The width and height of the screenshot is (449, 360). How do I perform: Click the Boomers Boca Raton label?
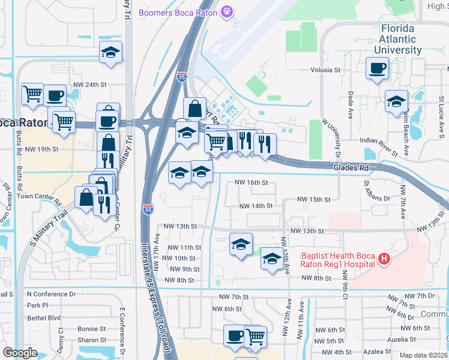[x=179, y=12]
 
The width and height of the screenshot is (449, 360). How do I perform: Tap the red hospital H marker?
[x=385, y=259]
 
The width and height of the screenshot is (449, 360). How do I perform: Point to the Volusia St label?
[x=325, y=70]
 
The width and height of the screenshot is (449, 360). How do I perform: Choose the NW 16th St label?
[x=250, y=182]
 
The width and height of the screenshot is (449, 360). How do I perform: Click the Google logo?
[x=19, y=353]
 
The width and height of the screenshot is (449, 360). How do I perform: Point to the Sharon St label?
[x=92, y=340]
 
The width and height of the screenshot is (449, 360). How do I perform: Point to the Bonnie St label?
[x=92, y=329]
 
